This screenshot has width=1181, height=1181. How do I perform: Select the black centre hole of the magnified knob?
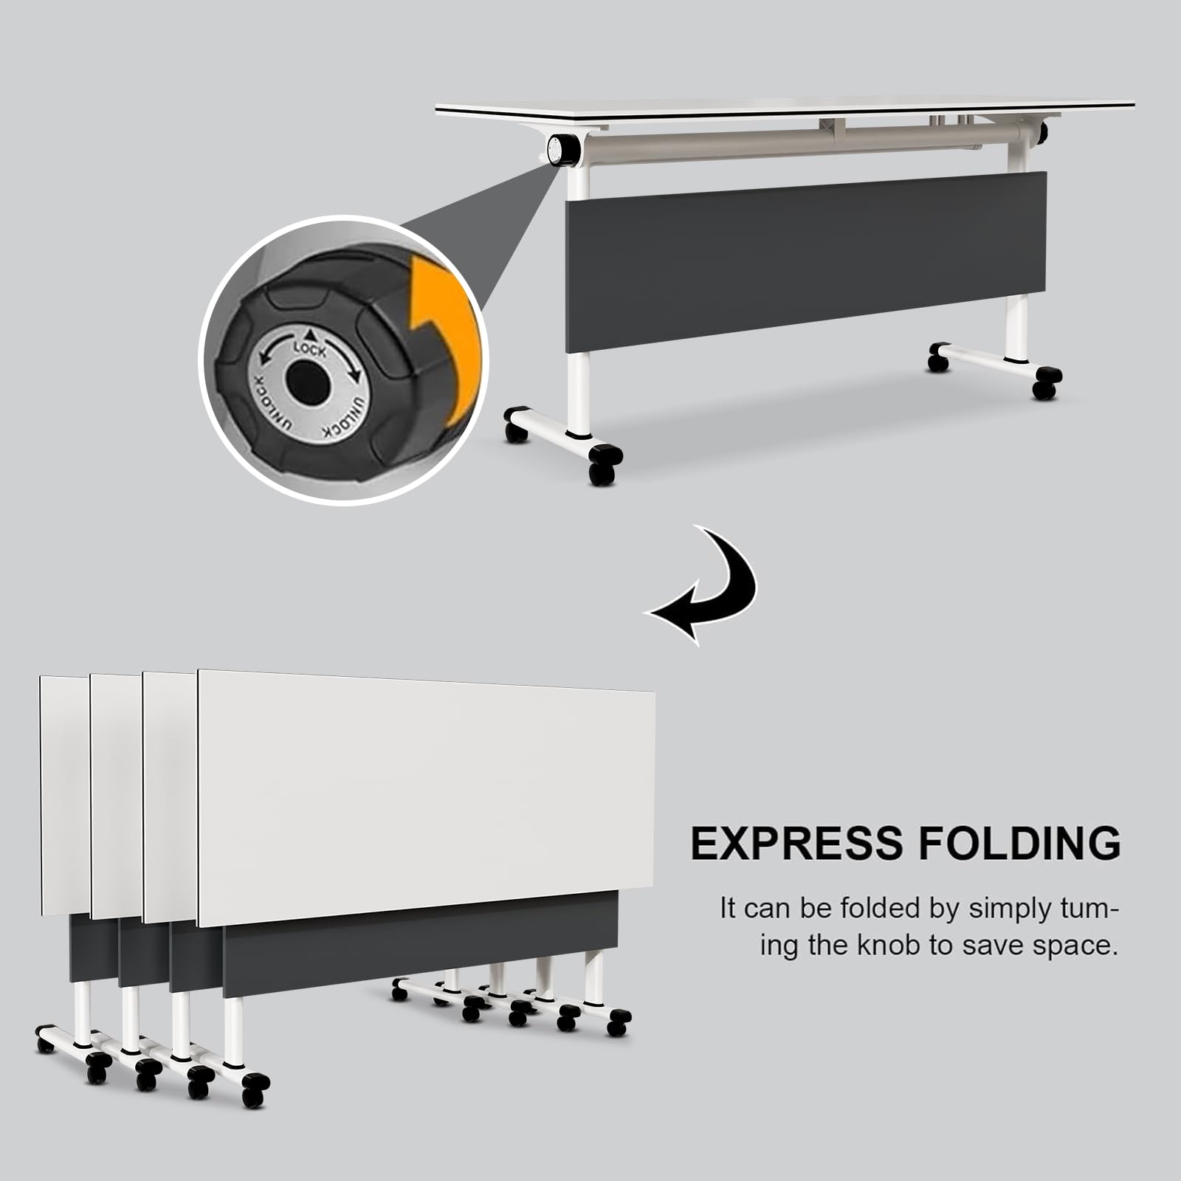coord(307,383)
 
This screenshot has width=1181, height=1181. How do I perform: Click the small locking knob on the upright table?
coord(563,148)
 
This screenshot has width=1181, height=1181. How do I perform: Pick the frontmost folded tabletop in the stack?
coord(426,797)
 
